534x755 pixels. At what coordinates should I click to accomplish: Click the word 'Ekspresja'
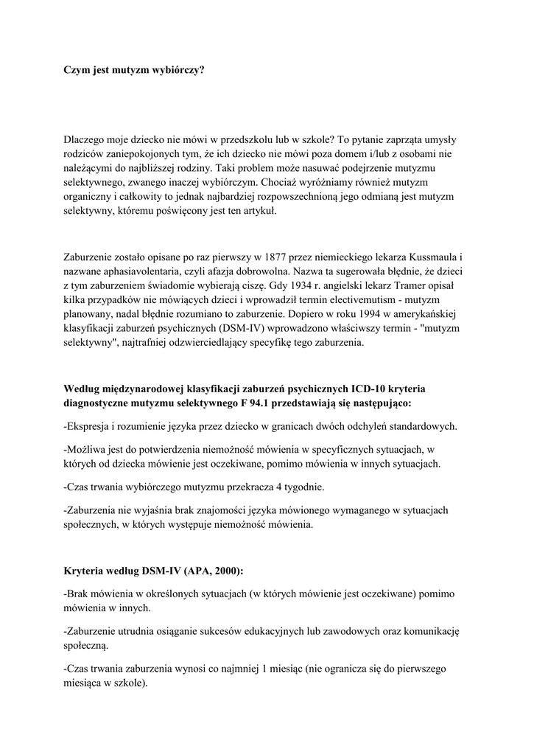pos(91,426)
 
